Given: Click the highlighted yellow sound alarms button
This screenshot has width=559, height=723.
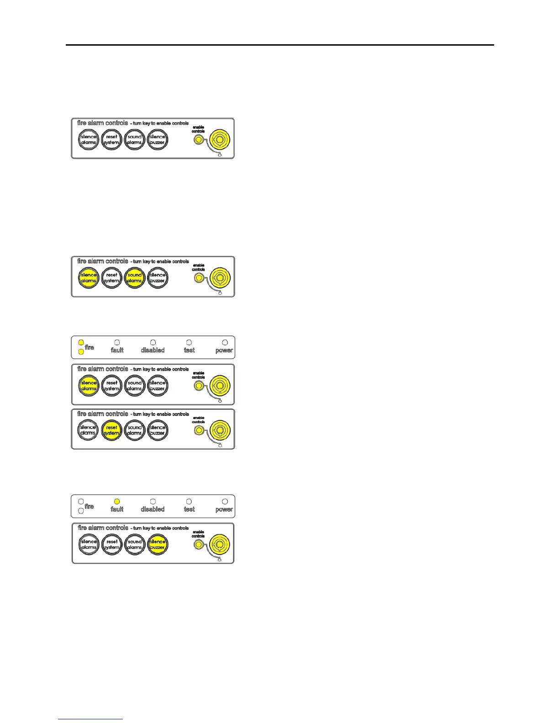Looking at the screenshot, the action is click(135, 278).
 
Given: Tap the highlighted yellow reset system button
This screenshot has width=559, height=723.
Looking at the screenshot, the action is click(112, 430).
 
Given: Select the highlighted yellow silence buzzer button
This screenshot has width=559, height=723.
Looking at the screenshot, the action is click(158, 545).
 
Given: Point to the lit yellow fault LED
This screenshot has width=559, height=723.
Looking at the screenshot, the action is click(117, 501).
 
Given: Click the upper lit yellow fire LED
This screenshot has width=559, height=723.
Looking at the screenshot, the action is click(81, 342).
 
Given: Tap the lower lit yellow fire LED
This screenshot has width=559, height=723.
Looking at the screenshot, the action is click(81, 351).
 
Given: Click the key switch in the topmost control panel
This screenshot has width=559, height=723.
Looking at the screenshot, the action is click(220, 140).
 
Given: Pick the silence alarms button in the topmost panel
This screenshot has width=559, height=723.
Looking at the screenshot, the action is click(89, 140).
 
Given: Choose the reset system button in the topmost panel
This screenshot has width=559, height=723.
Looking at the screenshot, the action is click(112, 140).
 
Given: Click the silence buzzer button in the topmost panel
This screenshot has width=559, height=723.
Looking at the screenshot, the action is click(158, 140).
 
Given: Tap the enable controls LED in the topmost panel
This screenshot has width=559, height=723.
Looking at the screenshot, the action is click(198, 139).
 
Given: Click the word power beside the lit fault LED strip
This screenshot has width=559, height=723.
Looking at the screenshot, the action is click(224, 509).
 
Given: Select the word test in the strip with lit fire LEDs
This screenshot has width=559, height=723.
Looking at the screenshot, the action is click(189, 350).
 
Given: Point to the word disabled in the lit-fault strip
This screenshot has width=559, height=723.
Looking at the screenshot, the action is click(153, 509).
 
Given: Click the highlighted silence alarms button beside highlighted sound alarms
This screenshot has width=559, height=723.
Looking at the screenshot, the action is click(89, 278).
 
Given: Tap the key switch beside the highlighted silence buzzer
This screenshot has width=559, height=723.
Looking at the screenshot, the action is click(220, 544).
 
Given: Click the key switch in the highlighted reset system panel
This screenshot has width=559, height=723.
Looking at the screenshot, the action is click(220, 430).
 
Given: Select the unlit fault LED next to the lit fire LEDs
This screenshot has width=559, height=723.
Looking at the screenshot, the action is click(117, 342).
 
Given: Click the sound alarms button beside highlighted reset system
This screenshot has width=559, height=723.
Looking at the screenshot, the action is click(135, 430).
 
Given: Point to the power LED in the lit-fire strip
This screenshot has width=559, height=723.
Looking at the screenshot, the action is click(225, 342).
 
